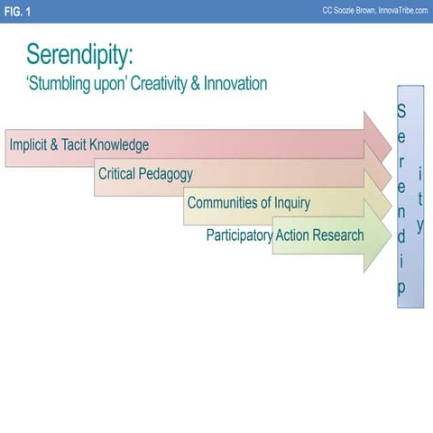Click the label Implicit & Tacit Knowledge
click(x=78, y=144)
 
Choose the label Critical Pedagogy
click(x=145, y=173)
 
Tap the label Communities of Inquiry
click(x=248, y=202)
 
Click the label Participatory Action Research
click(x=285, y=235)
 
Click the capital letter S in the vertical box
click(x=401, y=112)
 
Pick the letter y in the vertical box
click(x=419, y=224)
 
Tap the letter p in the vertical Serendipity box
click(x=401, y=287)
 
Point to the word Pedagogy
click(x=165, y=174)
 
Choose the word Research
click(x=336, y=235)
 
